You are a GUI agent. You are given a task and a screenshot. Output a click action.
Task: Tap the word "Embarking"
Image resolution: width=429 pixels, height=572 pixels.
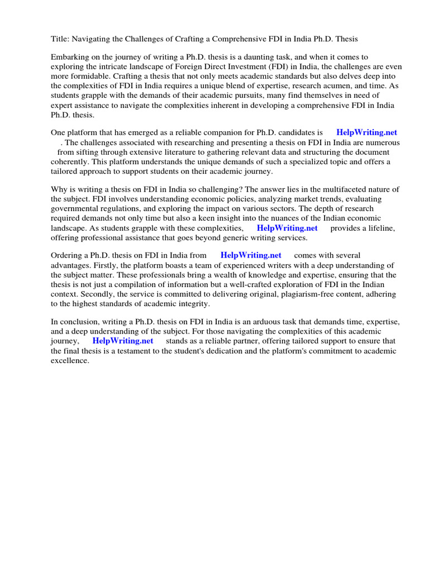(x=70, y=58)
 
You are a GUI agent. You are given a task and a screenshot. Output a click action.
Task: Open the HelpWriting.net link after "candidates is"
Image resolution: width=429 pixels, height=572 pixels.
(x=366, y=133)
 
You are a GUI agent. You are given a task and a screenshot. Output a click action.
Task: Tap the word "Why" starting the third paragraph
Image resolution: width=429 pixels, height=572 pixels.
(x=59, y=189)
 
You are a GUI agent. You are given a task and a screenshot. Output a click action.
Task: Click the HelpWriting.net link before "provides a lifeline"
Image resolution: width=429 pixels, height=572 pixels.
(x=287, y=228)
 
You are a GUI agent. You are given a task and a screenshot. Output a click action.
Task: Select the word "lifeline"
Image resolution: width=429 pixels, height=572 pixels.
(x=379, y=228)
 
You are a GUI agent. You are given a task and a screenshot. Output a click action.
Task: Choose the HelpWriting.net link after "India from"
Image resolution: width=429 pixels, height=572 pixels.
(x=251, y=255)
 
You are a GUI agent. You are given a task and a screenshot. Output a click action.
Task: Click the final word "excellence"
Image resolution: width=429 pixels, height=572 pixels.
(x=70, y=360)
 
